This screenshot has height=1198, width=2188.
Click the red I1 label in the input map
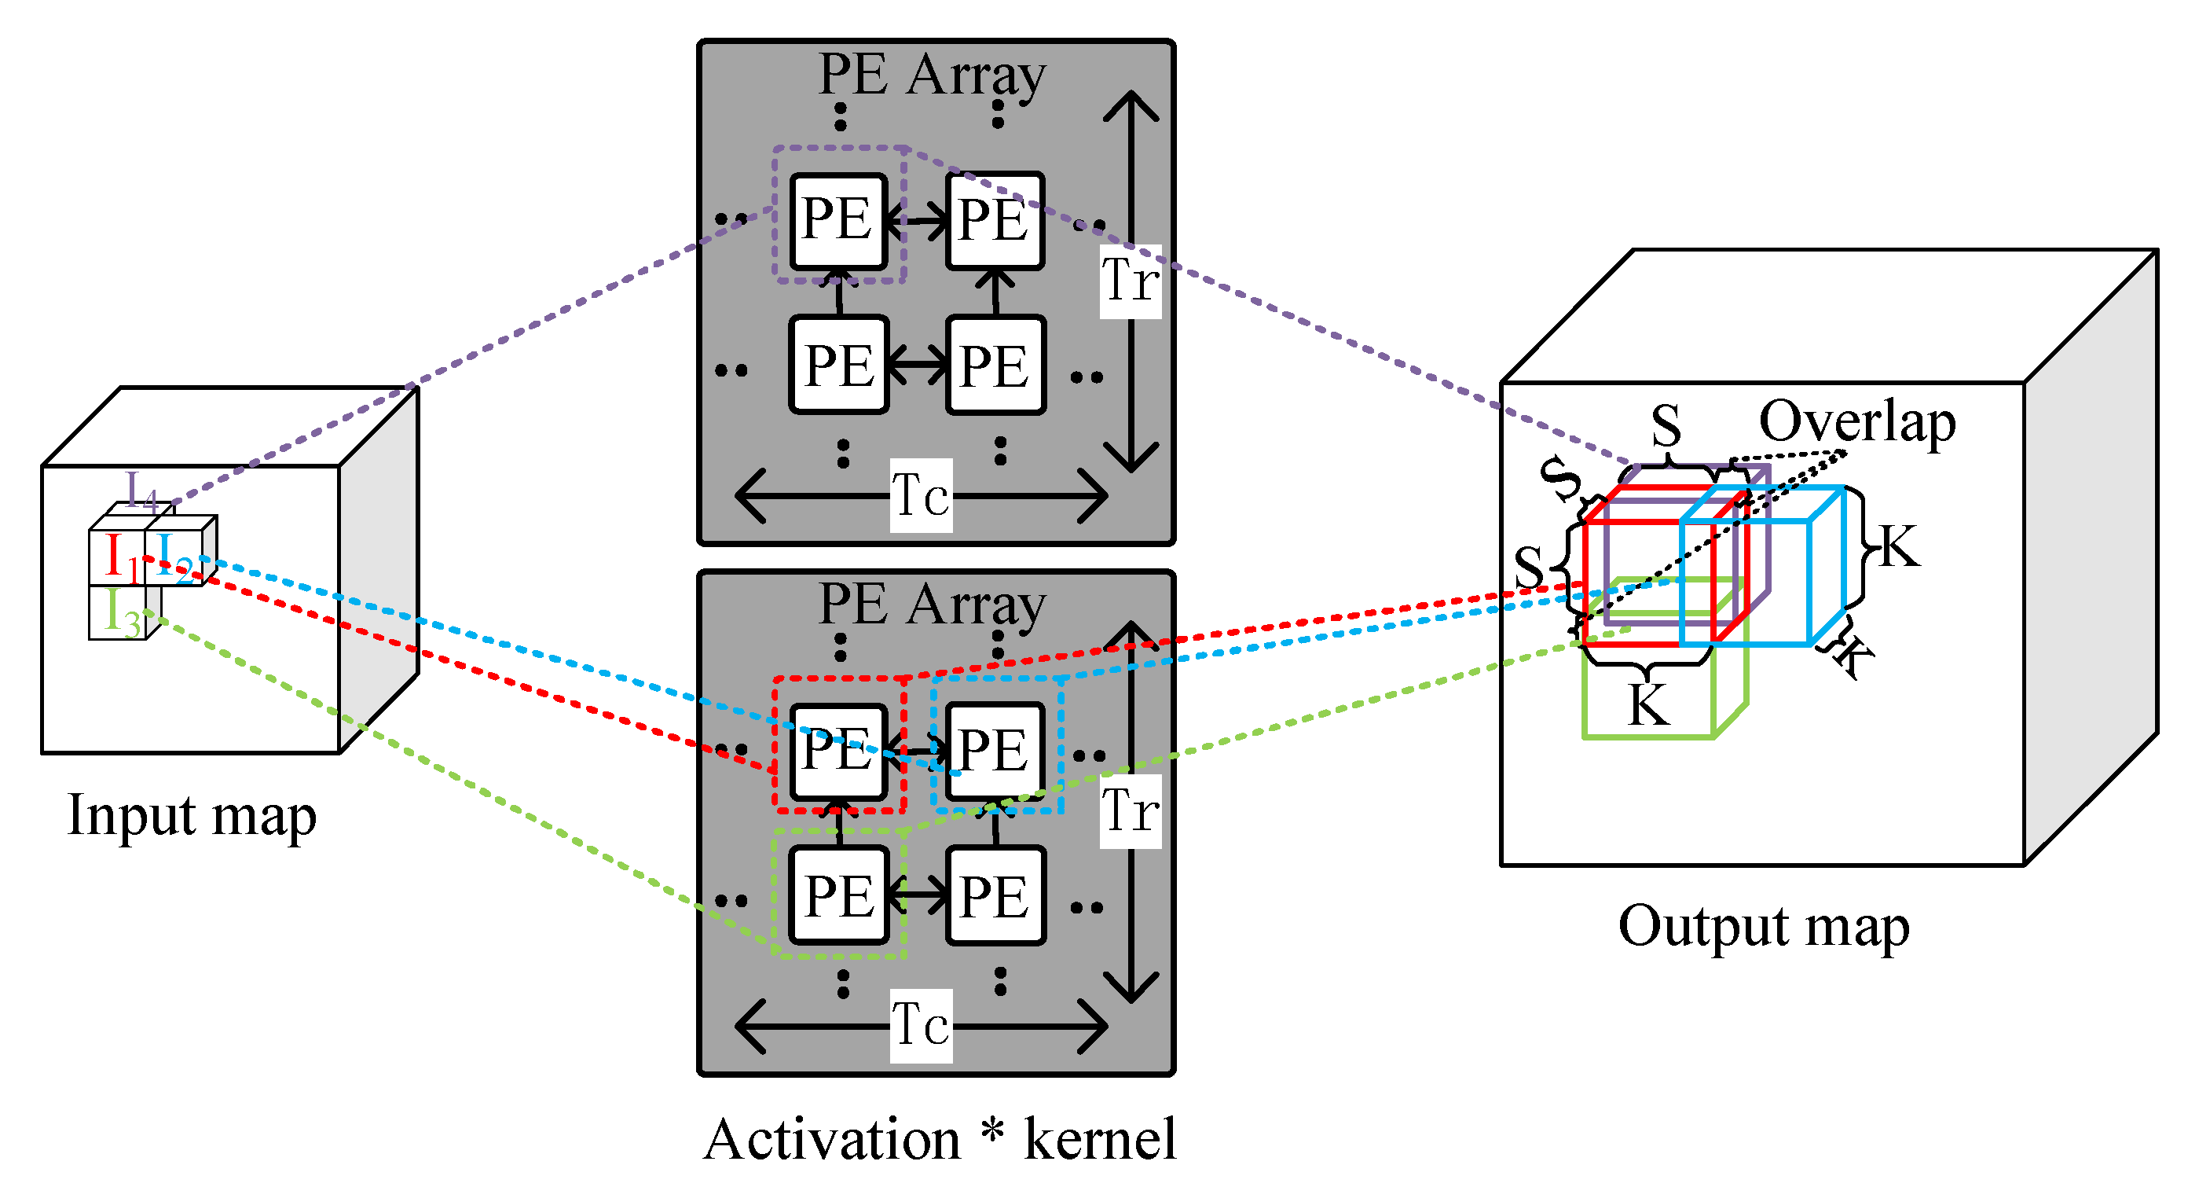point(122,557)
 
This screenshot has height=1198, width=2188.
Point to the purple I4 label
point(141,491)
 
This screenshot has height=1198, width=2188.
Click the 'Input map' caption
point(192,817)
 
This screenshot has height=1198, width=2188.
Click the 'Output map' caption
point(1765,927)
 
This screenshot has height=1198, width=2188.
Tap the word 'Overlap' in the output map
point(1856,422)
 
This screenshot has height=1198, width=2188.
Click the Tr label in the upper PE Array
point(1131,281)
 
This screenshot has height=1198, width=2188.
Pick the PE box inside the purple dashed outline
point(838,221)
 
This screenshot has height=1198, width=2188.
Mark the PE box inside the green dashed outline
point(839,895)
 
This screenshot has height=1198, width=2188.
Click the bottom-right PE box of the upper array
point(995,366)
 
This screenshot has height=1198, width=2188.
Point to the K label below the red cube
point(1648,705)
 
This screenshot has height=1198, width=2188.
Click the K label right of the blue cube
point(1899,546)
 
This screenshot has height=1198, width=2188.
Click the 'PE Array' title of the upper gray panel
point(932,75)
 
